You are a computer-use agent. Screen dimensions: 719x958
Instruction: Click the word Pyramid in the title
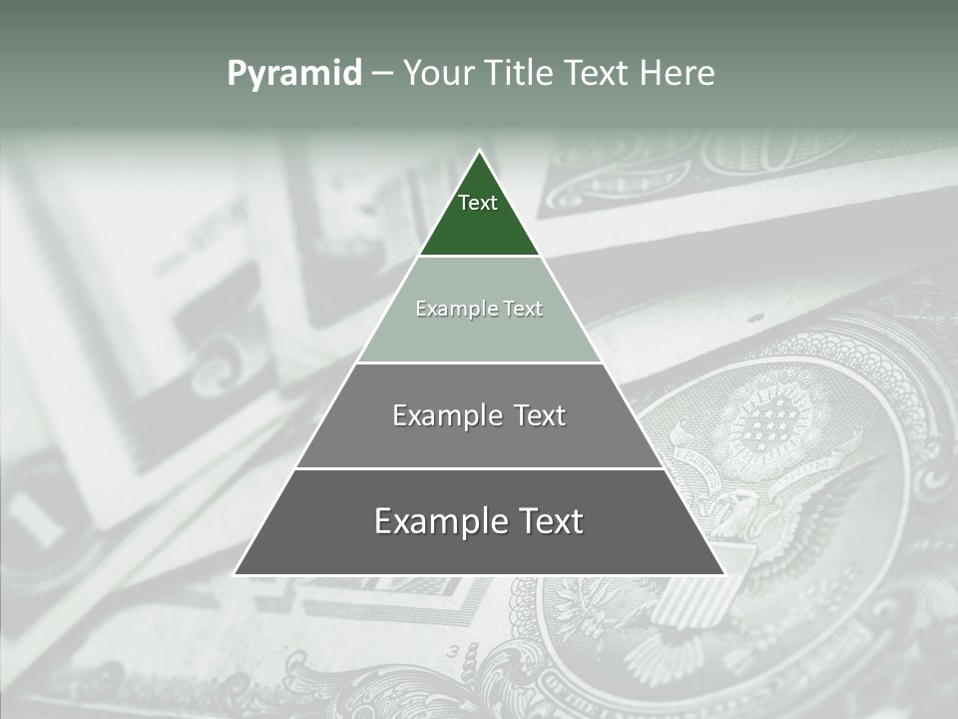click(293, 74)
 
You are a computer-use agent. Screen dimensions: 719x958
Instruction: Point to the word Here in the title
click(678, 74)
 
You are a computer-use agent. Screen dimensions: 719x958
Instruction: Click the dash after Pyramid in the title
click(381, 74)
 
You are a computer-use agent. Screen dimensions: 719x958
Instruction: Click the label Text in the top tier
click(478, 203)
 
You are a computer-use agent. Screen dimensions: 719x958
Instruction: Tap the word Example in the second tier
click(448, 309)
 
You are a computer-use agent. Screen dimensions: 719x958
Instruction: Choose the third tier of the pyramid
click(479, 439)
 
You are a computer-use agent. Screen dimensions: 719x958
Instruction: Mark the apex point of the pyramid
click(479, 152)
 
